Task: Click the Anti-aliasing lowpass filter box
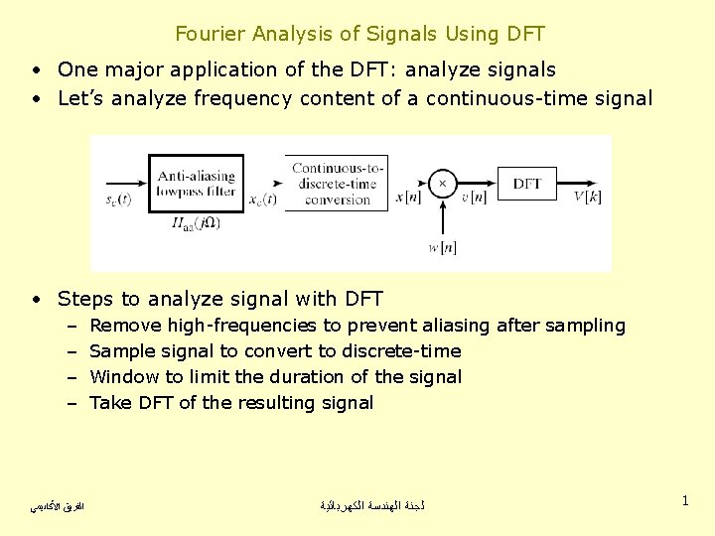point(196,184)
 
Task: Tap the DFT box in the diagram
point(526,184)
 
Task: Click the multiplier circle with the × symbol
point(442,184)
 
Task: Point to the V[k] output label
point(587,198)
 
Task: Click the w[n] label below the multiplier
point(442,247)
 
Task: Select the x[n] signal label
point(407,198)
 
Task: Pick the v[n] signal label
point(474,198)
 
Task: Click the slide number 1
point(685,501)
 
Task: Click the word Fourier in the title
point(211,34)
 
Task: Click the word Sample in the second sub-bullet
point(121,351)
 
